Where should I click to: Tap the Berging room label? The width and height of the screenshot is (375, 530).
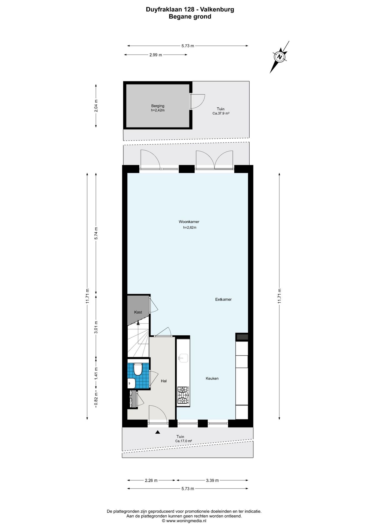pyautogui.click(x=158, y=106)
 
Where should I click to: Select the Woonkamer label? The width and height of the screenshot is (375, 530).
pyautogui.click(x=189, y=222)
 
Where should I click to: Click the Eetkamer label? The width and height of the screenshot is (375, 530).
pyautogui.click(x=223, y=299)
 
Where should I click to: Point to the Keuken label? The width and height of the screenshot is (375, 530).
pyautogui.click(x=212, y=378)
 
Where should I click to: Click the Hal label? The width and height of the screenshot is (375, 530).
pyautogui.click(x=164, y=381)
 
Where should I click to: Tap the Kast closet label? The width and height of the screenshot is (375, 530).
pyautogui.click(x=138, y=312)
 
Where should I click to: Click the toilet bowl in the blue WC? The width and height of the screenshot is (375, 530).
pyautogui.click(x=138, y=369)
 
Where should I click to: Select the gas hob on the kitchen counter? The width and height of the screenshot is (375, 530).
pyautogui.click(x=183, y=395)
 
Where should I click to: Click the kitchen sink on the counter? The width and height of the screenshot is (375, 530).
pyautogui.click(x=183, y=358)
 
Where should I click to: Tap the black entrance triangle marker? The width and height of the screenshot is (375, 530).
pyautogui.click(x=158, y=432)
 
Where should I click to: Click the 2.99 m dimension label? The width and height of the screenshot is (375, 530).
pyautogui.click(x=156, y=55)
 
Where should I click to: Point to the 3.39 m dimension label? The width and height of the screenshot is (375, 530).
pyautogui.click(x=212, y=480)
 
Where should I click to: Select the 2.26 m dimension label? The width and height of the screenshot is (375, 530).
pyautogui.click(x=151, y=480)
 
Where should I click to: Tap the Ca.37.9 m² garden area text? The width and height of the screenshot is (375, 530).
pyautogui.click(x=221, y=113)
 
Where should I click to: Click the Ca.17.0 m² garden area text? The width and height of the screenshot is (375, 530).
pyautogui.click(x=184, y=441)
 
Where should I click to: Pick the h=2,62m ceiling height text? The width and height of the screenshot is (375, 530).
pyautogui.click(x=190, y=228)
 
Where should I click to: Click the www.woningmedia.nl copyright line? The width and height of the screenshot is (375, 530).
pyautogui.click(x=184, y=521)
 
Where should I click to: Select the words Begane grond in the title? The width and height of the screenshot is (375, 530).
pyautogui.click(x=190, y=17)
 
